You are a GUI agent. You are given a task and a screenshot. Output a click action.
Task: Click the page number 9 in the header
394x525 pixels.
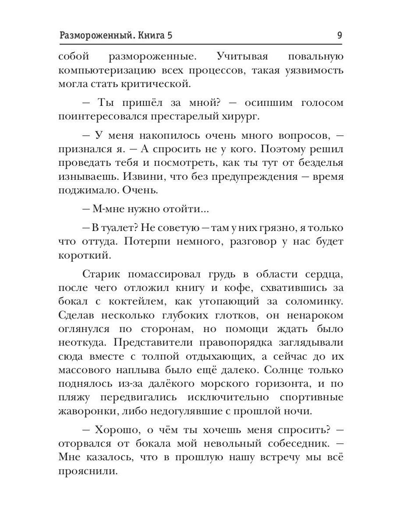coord(339,36)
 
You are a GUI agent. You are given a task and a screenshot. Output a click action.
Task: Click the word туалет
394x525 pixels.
coord(116,228)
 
